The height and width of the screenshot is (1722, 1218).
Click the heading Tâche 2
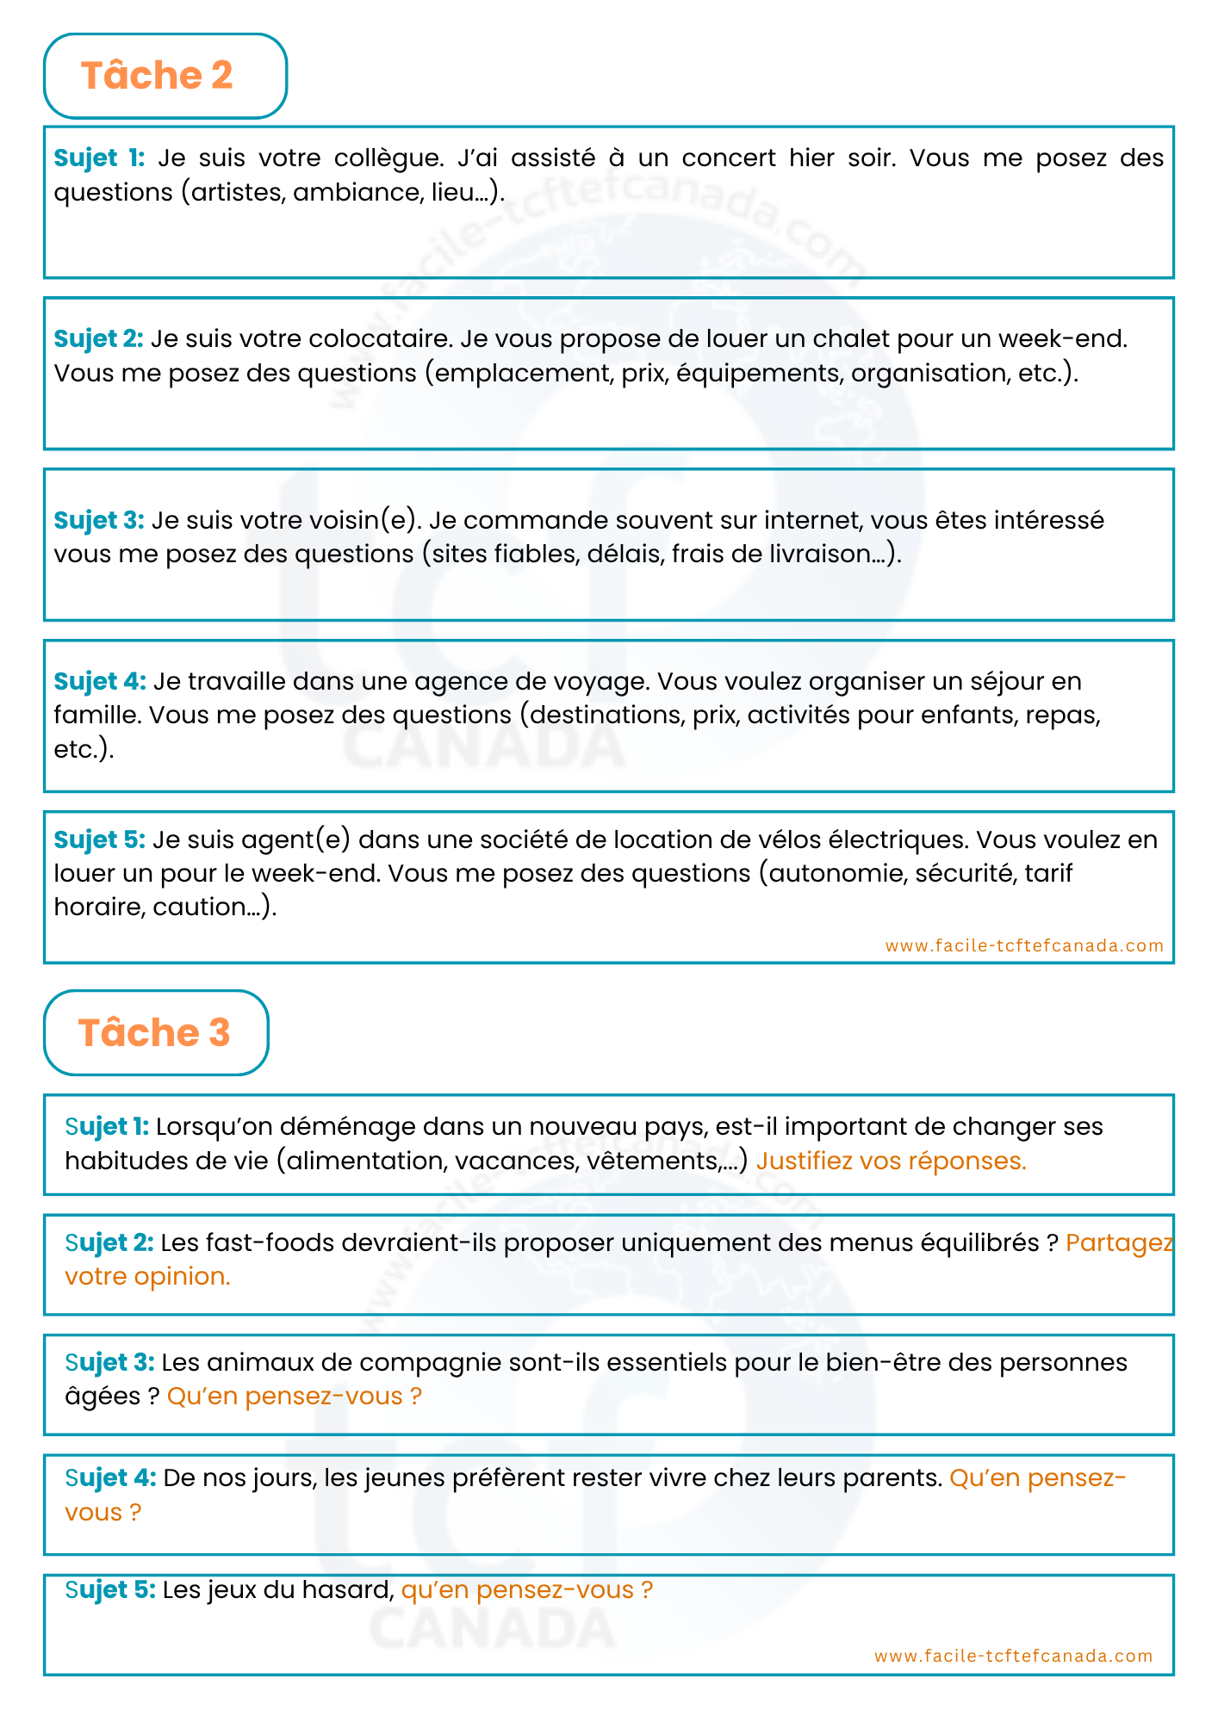click(157, 76)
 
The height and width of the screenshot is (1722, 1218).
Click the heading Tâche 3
click(154, 1032)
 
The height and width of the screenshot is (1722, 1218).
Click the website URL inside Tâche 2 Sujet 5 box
click(1024, 945)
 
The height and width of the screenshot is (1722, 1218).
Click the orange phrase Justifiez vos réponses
click(891, 1161)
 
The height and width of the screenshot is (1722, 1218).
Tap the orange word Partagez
click(1119, 1242)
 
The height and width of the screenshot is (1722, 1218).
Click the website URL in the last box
click(1013, 1656)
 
